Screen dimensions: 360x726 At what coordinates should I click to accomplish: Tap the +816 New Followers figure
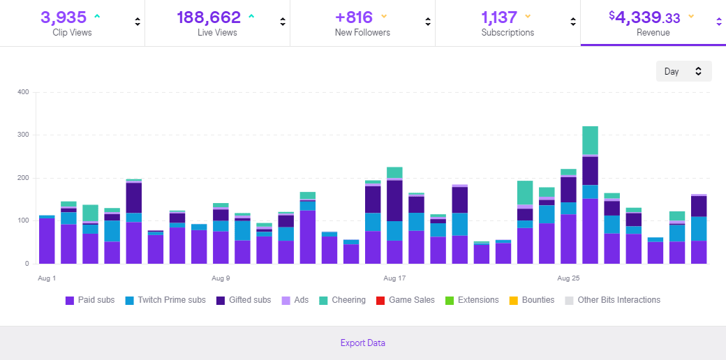tap(354, 17)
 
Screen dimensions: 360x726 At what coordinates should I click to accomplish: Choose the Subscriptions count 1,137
tap(499, 17)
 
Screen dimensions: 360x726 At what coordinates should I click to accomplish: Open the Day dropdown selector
tap(683, 71)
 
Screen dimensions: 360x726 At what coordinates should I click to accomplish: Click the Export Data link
tap(362, 343)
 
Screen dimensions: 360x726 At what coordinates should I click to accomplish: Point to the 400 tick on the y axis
tap(23, 92)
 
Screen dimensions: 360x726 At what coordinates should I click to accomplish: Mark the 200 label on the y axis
tap(23, 178)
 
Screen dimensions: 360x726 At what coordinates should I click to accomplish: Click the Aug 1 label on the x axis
tap(47, 278)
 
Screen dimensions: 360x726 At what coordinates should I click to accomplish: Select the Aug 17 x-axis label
tap(394, 278)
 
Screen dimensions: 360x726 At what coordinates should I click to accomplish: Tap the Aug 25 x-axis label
tap(568, 278)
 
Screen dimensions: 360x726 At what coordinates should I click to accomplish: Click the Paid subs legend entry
tap(90, 300)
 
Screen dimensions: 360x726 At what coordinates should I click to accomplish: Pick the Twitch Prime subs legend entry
tap(165, 300)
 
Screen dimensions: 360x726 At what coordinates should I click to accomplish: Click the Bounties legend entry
tap(531, 300)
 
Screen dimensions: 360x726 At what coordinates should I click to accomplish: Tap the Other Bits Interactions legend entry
tap(612, 300)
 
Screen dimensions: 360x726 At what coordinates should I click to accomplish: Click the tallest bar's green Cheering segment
tap(590, 140)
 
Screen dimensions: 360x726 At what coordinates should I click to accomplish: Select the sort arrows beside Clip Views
tap(138, 22)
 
